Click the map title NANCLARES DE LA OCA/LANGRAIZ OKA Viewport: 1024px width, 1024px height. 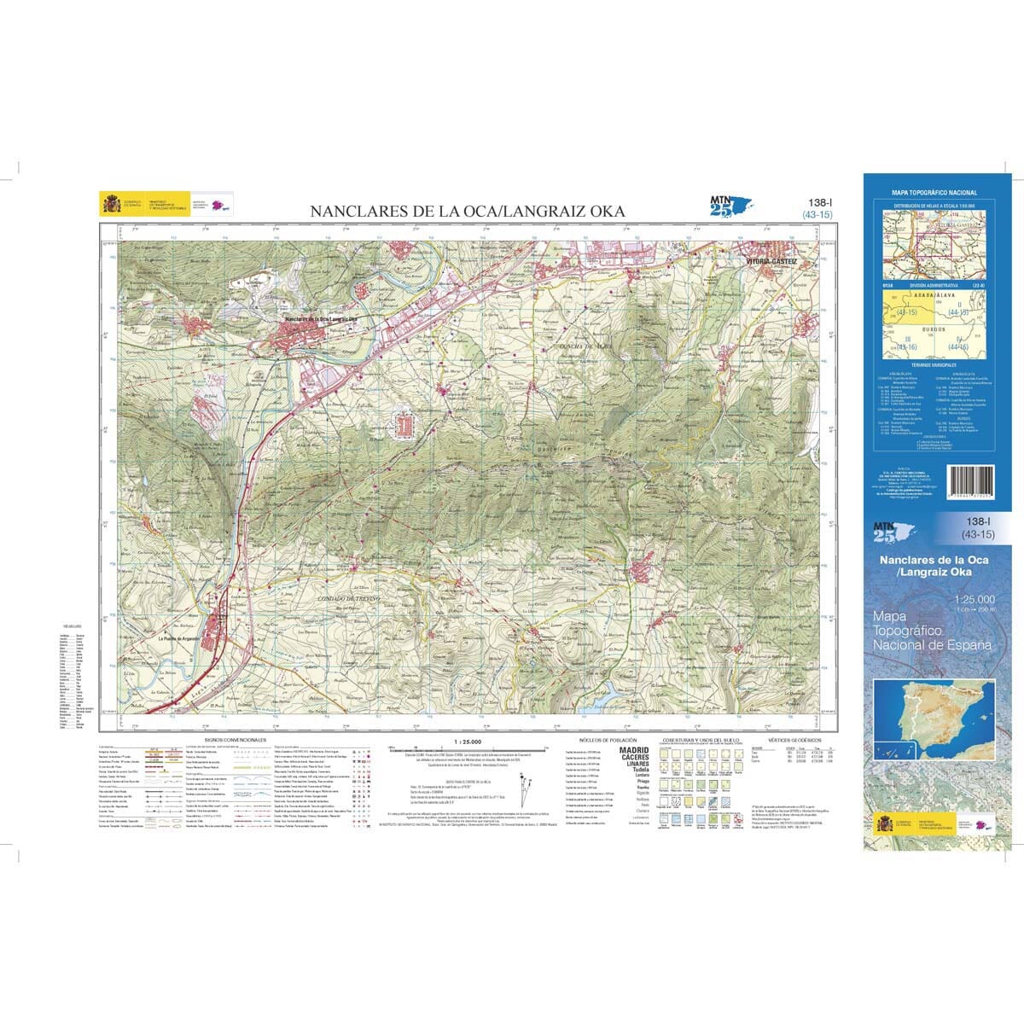coord(467,212)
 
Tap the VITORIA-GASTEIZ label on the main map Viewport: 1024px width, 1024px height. coord(770,262)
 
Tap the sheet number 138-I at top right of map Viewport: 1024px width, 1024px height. coord(817,202)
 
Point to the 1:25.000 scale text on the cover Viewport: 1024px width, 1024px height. coord(972,599)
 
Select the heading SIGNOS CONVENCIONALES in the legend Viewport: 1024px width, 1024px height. coord(236,741)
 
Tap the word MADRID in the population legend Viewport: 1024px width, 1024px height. coord(633,750)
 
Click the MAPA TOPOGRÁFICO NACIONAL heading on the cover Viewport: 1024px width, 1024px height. coord(934,194)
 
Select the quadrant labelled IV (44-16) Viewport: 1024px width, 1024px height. coord(960,344)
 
